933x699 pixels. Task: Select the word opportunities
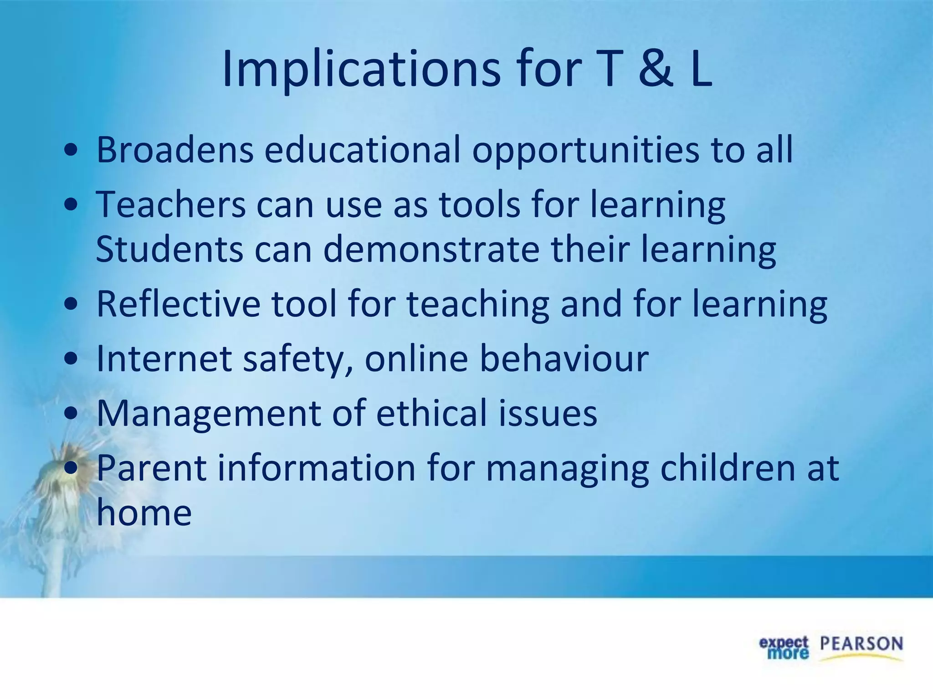(585, 150)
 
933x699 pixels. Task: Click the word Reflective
(178, 304)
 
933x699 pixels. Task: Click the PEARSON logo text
(861, 644)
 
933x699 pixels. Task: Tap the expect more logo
(784, 648)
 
